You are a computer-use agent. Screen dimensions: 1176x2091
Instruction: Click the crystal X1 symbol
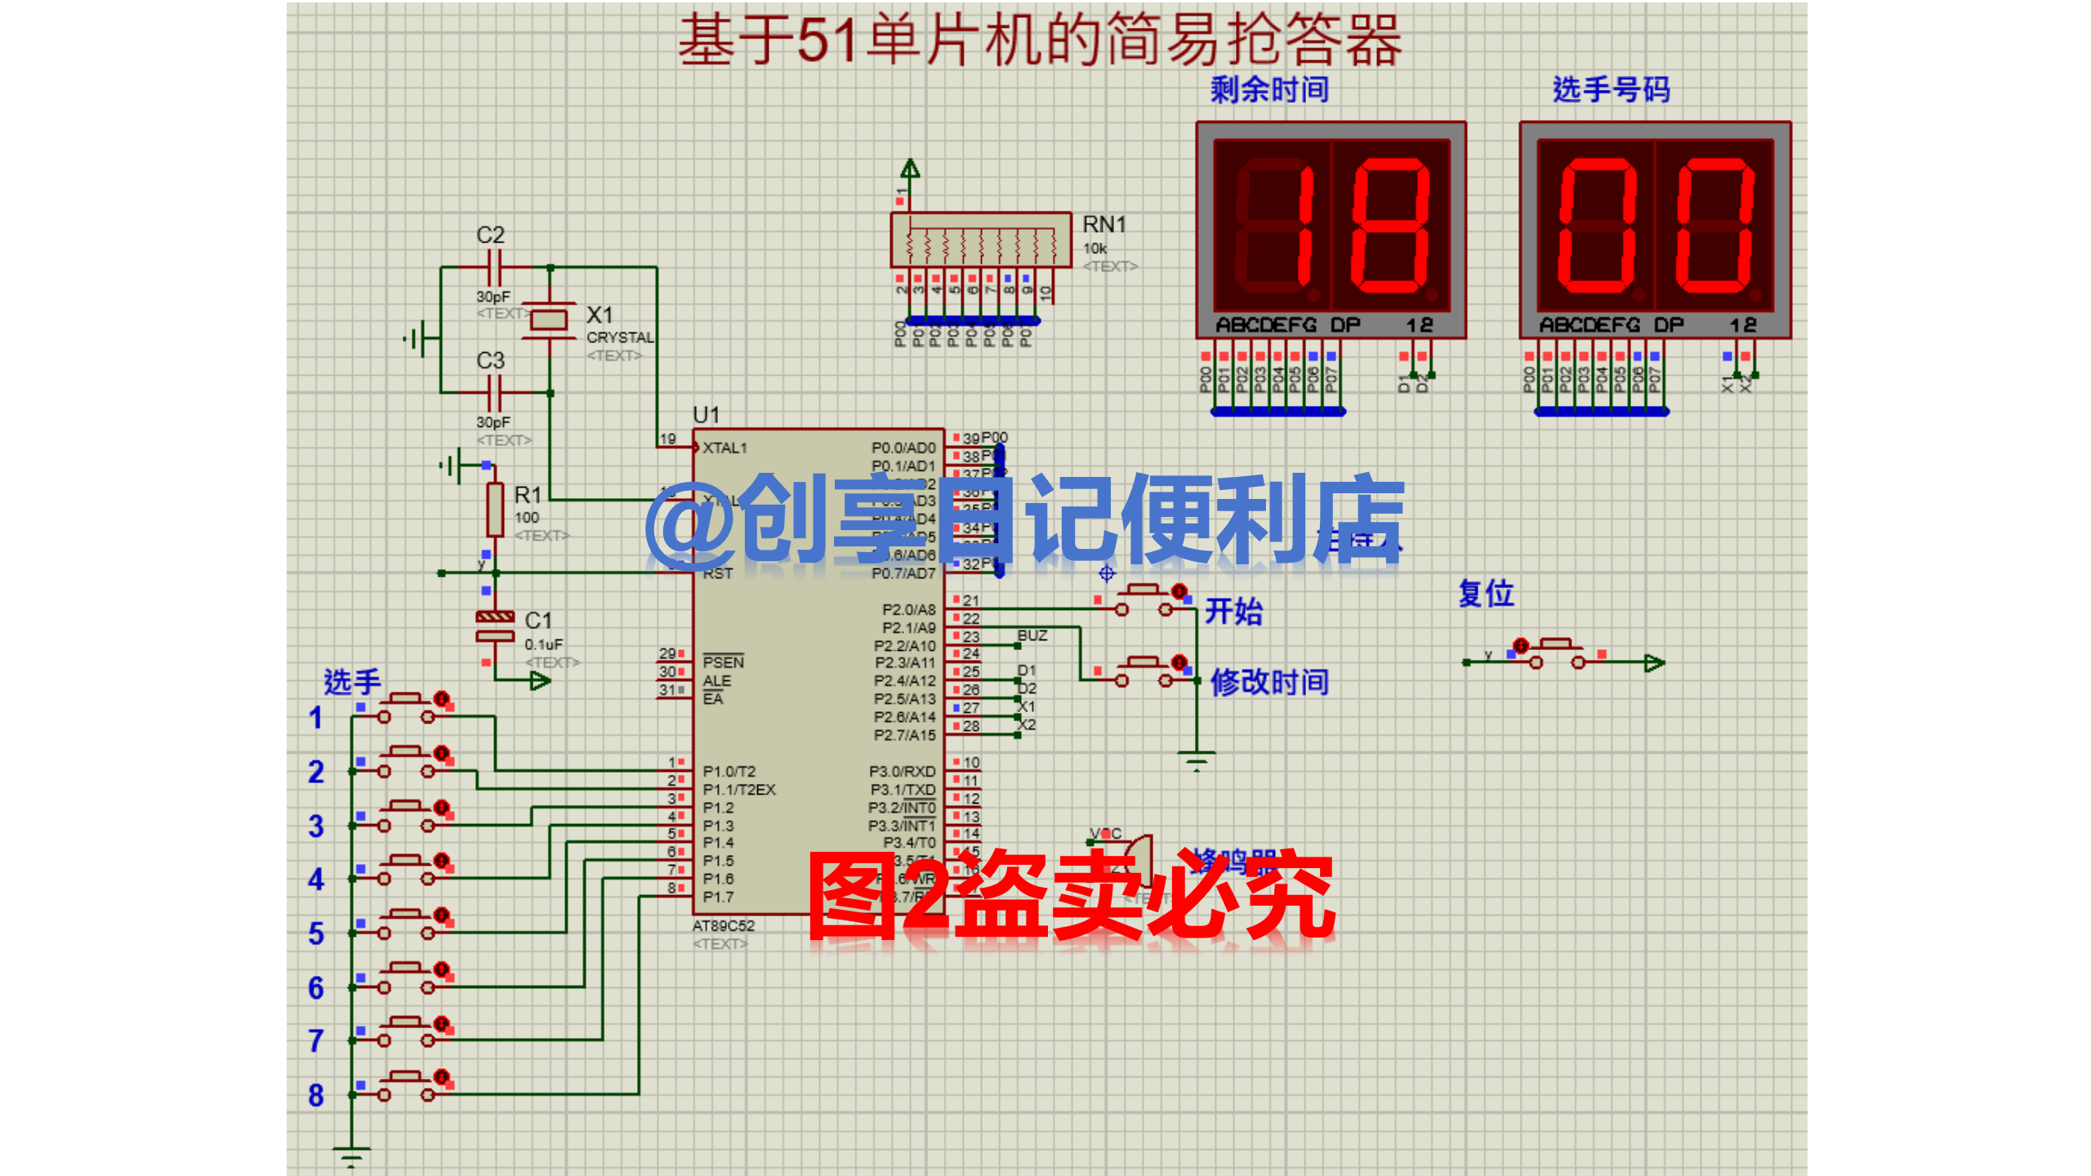tap(548, 318)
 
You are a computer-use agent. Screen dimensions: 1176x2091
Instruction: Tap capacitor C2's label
tap(490, 235)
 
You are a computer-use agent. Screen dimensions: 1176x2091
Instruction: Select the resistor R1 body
tap(495, 509)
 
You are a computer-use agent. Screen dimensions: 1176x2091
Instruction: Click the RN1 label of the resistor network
tap(1103, 225)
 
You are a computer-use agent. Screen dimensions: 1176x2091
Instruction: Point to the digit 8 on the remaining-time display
tap(1389, 226)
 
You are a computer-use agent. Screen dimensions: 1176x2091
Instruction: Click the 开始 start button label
tap(1233, 611)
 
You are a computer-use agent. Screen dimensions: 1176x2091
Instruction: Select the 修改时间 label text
tap(1269, 682)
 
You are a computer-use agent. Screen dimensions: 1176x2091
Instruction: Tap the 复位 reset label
tap(1486, 594)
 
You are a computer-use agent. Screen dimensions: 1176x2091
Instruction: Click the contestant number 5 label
tap(316, 933)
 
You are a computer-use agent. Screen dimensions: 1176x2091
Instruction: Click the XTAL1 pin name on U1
tap(724, 448)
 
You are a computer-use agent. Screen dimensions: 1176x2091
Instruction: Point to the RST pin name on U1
tap(717, 574)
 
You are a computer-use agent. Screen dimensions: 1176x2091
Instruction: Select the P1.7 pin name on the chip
tap(718, 897)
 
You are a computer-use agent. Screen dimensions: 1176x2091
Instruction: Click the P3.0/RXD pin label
tap(902, 772)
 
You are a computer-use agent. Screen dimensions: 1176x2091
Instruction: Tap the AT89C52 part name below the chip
tap(723, 926)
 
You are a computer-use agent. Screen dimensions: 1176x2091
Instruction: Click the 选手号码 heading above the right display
tap(1611, 90)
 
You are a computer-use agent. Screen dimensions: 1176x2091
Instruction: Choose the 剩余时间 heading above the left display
tap(1269, 90)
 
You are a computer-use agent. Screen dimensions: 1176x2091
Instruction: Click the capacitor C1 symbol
tap(495, 626)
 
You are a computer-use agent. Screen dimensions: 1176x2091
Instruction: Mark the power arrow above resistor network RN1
tap(910, 169)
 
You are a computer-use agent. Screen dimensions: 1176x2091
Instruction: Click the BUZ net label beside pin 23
tap(1032, 635)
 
